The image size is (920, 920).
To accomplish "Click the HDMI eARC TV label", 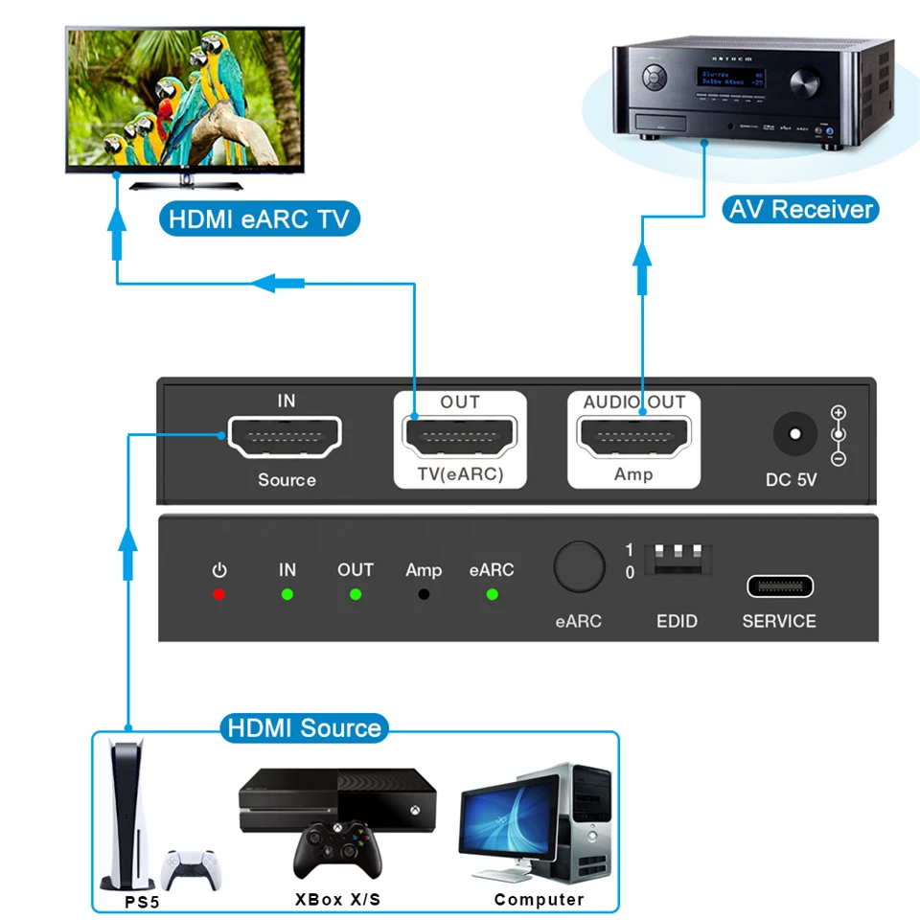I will coord(259,218).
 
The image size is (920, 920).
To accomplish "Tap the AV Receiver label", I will coord(800,209).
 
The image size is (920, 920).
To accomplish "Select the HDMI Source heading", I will coord(305,727).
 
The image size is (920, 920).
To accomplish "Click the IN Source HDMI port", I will coord(285,437).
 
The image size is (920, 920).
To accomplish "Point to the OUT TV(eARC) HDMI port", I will coord(460,438).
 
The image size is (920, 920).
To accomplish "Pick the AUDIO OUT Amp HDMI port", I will coord(633,438).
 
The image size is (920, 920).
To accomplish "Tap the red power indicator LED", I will coord(219,595).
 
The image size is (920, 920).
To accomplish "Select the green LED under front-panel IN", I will coord(287,595).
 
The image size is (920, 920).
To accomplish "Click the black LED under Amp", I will coord(424,595).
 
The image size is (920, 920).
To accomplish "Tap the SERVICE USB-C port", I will coord(779,586).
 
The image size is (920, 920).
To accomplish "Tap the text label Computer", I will coord(539,899).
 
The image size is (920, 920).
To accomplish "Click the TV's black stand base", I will coord(187,183).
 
